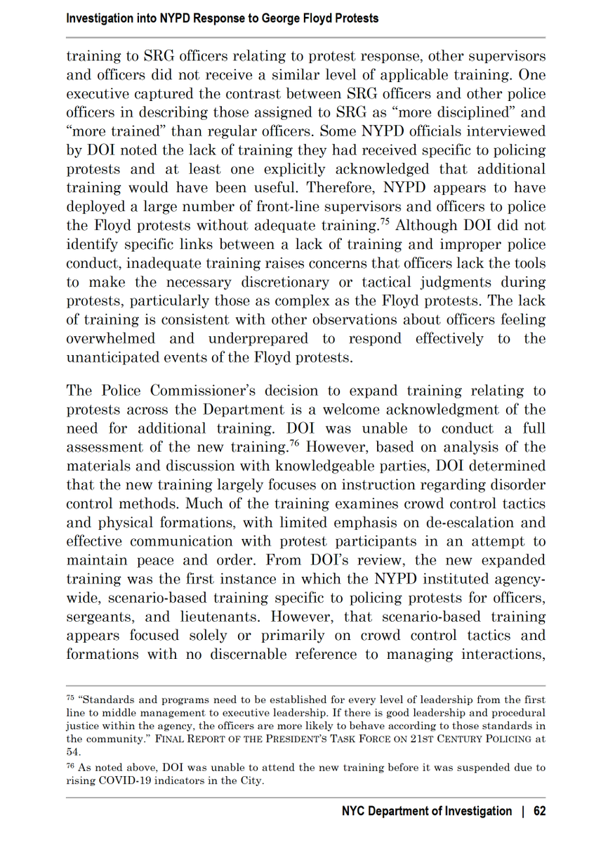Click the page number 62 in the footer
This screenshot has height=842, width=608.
point(539,811)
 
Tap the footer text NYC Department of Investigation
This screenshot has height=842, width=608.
point(427,811)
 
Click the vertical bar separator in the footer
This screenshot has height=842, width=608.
point(523,811)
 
